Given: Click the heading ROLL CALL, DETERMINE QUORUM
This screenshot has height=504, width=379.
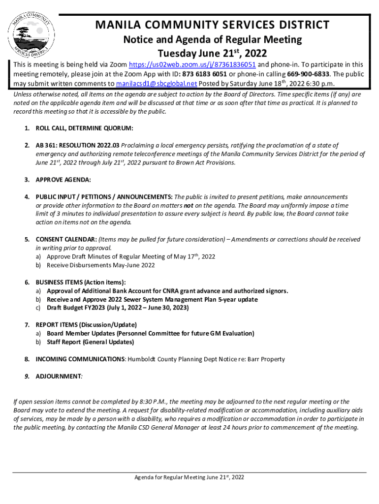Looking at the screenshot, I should point(85,128).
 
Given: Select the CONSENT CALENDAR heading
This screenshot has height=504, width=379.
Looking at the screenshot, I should point(66,239).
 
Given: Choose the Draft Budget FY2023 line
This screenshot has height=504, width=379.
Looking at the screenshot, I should point(118,308).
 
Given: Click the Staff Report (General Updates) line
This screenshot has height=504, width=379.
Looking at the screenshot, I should point(90,342).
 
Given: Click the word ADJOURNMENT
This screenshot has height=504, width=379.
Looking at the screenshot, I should point(58,376).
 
